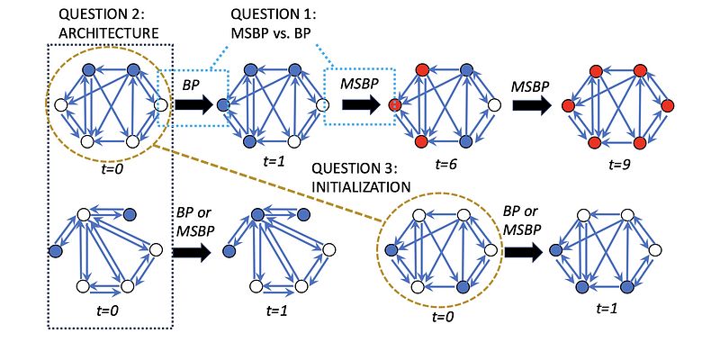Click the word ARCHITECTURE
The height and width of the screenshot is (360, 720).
pyautogui.click(x=108, y=33)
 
